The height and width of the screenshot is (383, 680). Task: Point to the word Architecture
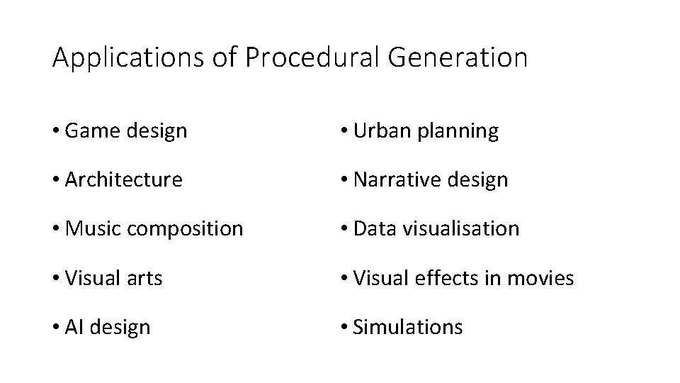(x=123, y=180)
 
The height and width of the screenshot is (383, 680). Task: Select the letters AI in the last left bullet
(x=74, y=327)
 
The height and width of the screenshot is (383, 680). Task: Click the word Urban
(x=378, y=131)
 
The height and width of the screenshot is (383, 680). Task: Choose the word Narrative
(x=392, y=180)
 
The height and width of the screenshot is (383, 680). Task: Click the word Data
(x=370, y=229)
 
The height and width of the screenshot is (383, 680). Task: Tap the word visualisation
(x=457, y=229)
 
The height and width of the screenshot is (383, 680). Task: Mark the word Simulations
(x=408, y=327)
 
